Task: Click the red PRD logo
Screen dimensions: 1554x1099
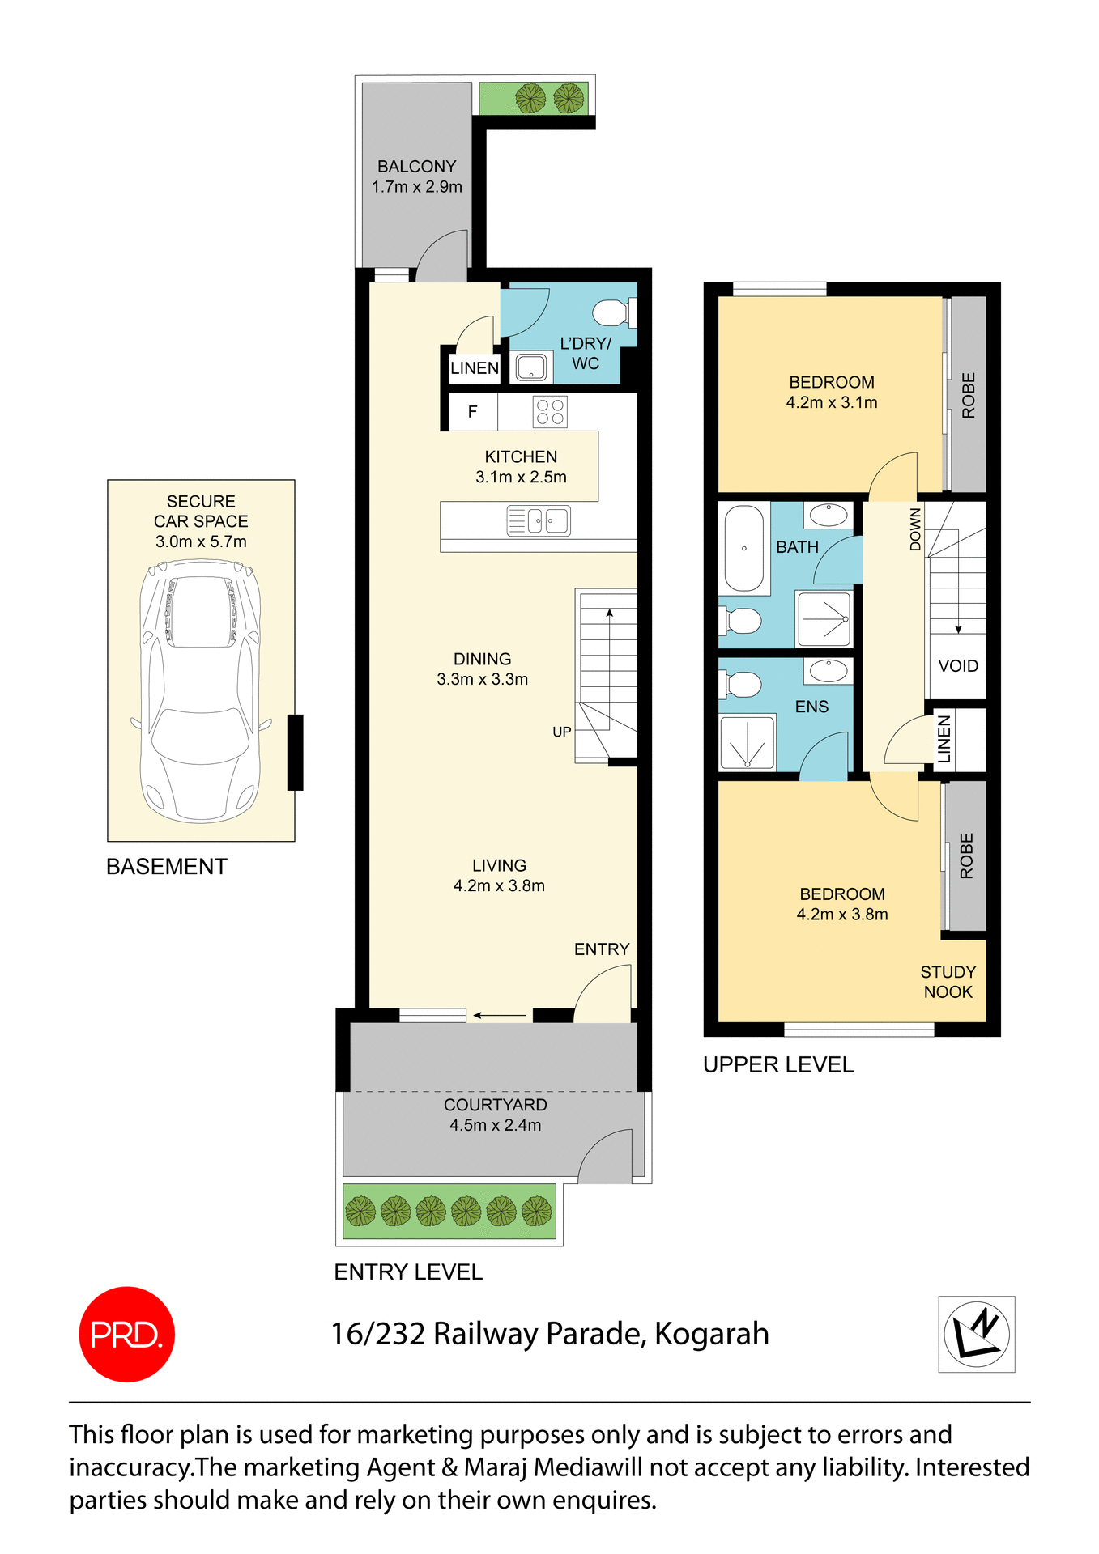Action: click(126, 1334)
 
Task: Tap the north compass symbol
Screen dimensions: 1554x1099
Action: click(977, 1334)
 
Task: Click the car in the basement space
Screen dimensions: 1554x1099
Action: click(200, 692)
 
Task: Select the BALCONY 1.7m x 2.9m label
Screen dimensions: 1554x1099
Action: click(417, 176)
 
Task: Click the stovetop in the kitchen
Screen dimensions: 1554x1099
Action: click(550, 411)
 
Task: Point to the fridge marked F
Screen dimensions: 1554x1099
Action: click(472, 411)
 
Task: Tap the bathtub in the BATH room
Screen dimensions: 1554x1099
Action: click(743, 548)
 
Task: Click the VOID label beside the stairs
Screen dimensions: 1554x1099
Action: click(958, 666)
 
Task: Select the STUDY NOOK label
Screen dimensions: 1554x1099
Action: click(948, 982)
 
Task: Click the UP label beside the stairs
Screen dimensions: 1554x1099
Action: click(561, 732)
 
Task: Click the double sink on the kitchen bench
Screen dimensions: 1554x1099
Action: click(539, 520)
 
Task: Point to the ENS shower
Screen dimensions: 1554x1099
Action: click(748, 742)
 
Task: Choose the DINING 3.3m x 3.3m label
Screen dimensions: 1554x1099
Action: click(483, 669)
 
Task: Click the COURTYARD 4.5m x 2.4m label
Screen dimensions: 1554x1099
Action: click(495, 1115)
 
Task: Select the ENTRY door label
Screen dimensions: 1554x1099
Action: click(601, 949)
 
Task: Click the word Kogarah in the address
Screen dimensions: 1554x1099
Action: click(711, 1334)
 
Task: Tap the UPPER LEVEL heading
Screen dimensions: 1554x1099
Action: click(777, 1064)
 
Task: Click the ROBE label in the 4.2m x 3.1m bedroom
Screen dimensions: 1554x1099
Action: click(969, 395)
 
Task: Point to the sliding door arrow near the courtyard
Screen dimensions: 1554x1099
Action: click(500, 1015)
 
